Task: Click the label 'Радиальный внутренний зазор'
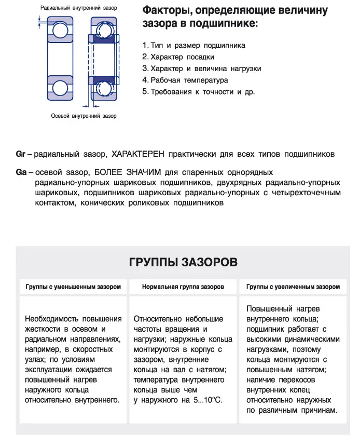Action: tap(79, 8)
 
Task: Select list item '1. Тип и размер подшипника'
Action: tap(193, 45)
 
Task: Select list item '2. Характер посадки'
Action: tap(178, 57)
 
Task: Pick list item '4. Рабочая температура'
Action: tap(185, 80)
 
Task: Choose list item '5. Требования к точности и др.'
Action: tap(198, 92)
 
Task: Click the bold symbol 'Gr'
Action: tap(21, 154)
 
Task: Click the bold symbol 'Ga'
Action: tap(21, 172)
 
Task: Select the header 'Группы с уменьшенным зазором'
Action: tap(73, 287)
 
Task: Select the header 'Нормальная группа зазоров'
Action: tap(183, 287)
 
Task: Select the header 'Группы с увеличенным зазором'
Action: tap(293, 287)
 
